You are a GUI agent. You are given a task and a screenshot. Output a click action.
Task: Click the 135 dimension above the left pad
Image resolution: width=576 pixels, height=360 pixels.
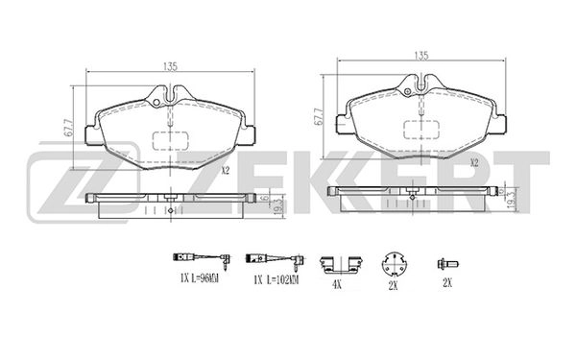[170, 66]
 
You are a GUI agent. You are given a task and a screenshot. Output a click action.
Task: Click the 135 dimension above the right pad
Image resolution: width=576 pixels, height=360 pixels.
[421, 56]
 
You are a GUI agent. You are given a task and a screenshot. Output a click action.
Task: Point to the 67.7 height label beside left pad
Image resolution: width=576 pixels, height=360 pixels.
[68, 128]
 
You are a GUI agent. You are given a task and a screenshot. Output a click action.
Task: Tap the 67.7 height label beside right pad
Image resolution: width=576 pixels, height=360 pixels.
[319, 116]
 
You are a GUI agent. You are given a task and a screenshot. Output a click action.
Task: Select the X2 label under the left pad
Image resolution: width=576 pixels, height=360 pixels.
[226, 170]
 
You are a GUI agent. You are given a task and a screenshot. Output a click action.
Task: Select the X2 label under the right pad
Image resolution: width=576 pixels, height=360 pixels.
[474, 162]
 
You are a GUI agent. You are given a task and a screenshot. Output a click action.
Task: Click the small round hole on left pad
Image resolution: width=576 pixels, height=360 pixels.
[156, 103]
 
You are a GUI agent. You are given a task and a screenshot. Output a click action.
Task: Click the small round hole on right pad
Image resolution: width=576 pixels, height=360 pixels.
[407, 92]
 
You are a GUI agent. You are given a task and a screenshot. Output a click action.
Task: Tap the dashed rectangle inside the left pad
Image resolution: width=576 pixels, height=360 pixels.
[171, 141]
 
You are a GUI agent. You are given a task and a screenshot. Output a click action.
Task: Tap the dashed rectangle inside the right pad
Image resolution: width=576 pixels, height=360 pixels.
[421, 130]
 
